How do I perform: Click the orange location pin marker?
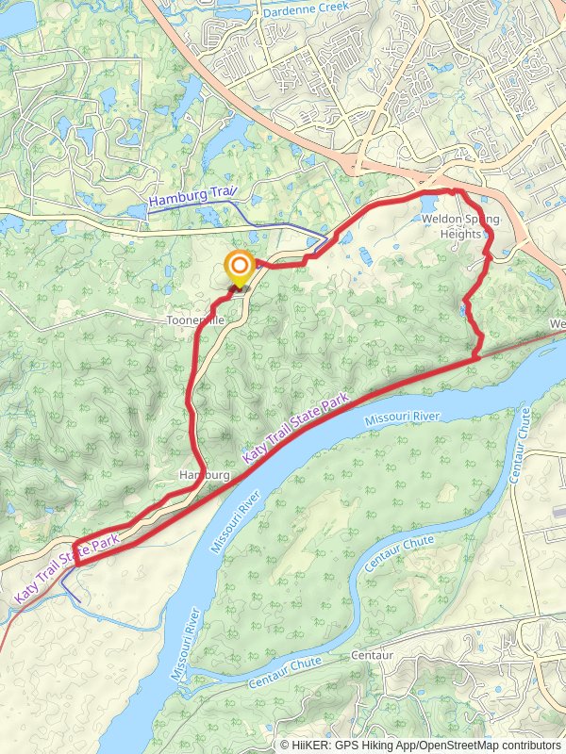pos(240,269)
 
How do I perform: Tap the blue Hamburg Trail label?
pos(193,198)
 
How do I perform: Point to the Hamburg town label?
pos(205,476)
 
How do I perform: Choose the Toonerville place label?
pos(195,320)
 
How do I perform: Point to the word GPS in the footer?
pos(351,745)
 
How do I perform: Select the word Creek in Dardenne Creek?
pos(331,7)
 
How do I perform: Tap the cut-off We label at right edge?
pos(558,325)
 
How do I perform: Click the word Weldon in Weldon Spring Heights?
pos(441,220)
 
